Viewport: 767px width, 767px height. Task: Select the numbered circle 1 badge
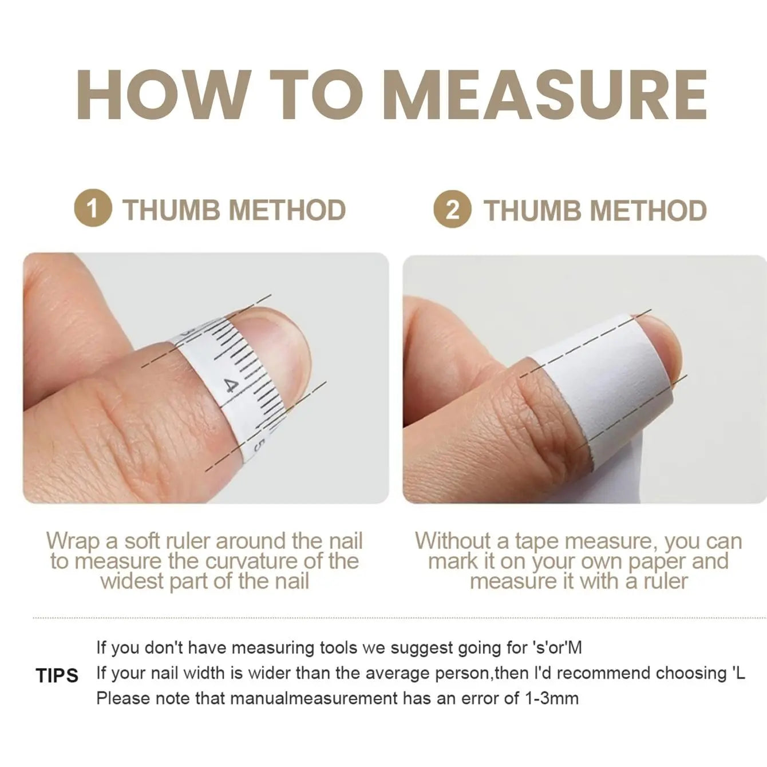[x=93, y=207]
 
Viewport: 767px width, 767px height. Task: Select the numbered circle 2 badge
[x=453, y=209]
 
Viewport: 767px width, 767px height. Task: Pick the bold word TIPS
[x=57, y=675]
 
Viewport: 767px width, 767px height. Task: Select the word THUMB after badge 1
[x=172, y=209]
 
